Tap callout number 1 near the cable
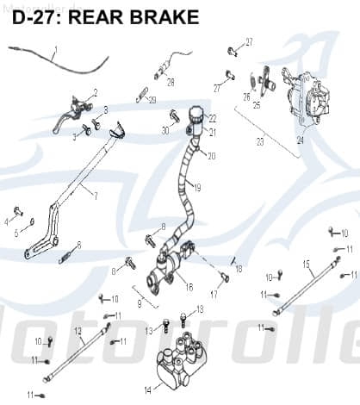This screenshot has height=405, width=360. pyautogui.click(x=56, y=50)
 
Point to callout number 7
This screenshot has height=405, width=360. pyautogui.click(x=96, y=196)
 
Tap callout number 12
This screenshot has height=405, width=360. pyautogui.click(x=77, y=331)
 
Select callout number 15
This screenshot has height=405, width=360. pyautogui.click(x=306, y=263)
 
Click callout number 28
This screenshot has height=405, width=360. pyautogui.click(x=171, y=83)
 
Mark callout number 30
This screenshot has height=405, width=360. pyautogui.click(x=164, y=131)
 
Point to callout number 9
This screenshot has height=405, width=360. pyautogui.click(x=140, y=303)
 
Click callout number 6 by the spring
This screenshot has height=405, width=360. pyautogui.click(x=79, y=245)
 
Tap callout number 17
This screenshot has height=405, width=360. pyautogui.click(x=214, y=294)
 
